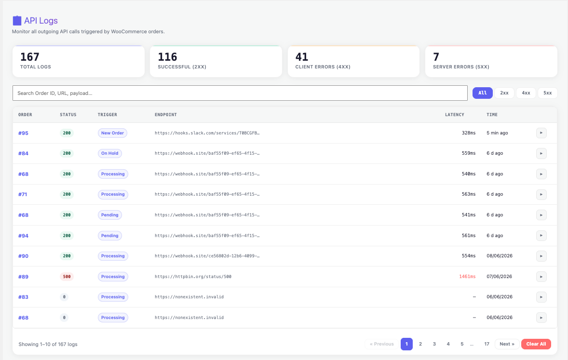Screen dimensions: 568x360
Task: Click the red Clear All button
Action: (536, 344)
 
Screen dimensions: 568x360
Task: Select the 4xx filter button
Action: (526, 93)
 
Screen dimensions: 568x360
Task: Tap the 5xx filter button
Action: (547, 93)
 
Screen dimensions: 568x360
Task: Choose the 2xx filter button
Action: (504, 93)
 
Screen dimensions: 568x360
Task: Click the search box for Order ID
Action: (240, 93)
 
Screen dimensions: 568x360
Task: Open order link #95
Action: (23, 133)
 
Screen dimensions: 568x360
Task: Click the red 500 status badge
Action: (67, 277)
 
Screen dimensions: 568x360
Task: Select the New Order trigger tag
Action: (112, 133)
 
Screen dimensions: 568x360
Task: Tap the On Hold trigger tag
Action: (110, 153)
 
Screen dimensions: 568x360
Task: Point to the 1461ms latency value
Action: (467, 277)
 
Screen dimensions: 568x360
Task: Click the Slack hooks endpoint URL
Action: (207, 133)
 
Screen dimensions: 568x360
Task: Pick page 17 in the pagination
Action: (487, 344)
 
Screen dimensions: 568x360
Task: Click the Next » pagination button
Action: (507, 344)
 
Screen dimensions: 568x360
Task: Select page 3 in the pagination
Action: (434, 344)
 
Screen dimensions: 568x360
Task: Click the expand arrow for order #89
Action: (541, 277)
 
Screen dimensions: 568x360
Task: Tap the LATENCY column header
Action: (454, 115)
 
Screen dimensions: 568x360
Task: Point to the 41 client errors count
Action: (302, 57)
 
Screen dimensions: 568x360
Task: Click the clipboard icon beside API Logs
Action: (17, 21)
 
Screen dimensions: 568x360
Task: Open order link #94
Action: (23, 236)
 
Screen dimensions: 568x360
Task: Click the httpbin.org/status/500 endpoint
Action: (193, 277)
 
